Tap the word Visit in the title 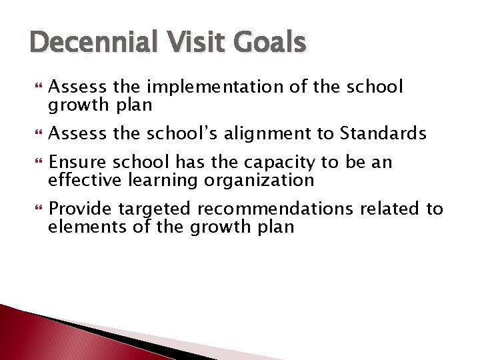[189, 43]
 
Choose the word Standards [383, 134]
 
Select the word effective [79, 180]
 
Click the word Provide [80, 209]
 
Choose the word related [399, 209]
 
